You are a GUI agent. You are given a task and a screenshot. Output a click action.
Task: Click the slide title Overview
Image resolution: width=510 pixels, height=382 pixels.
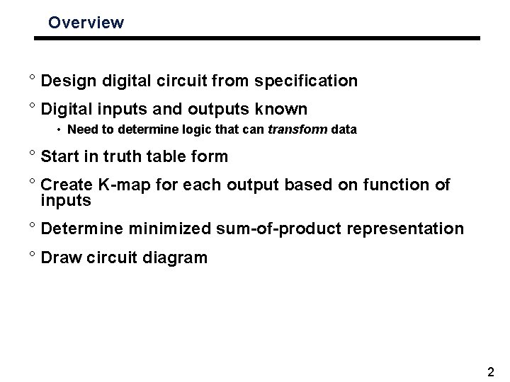pos(86,23)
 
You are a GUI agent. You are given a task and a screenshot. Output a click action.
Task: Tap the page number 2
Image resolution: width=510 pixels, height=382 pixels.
pos(492,372)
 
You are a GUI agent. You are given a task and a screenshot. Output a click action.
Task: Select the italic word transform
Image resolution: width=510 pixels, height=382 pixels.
pos(293,130)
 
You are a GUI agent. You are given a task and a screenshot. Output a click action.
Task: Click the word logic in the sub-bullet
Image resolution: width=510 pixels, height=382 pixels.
pos(203,130)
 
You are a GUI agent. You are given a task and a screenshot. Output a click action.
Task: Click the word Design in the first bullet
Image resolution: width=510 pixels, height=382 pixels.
pos(66,81)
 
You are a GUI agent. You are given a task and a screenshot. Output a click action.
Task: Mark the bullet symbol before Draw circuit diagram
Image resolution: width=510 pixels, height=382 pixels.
pos(33,256)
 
